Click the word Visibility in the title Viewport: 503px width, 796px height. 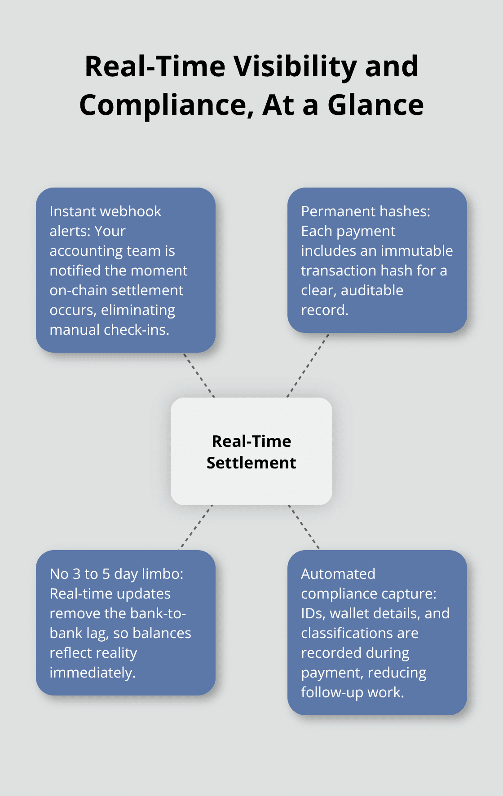(296, 66)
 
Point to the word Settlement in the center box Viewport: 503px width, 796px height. (251, 463)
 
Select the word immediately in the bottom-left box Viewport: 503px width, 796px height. (92, 673)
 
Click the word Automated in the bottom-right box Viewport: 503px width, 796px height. (338, 574)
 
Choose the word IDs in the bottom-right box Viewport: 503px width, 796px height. (311, 613)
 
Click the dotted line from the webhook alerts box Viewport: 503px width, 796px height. (199, 375)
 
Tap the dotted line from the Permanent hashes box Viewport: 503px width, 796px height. (308, 365)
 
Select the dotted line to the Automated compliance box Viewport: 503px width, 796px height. (304, 527)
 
